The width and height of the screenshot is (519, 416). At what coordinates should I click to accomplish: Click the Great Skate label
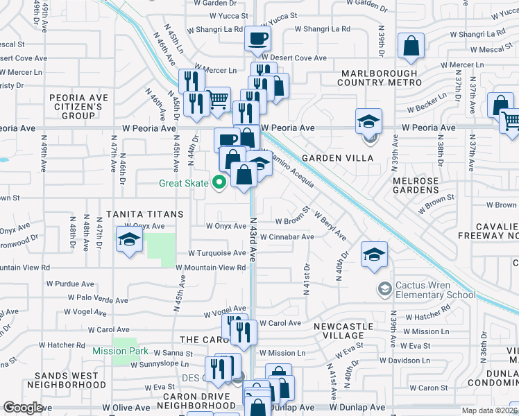point(184,183)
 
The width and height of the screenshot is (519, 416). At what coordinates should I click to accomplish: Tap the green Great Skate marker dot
point(220,183)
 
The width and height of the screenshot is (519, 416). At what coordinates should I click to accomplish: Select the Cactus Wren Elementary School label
point(436,290)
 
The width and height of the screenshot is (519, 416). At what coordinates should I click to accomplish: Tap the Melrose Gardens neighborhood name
point(416,186)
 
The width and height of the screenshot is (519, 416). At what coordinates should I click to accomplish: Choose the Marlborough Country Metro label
point(377,78)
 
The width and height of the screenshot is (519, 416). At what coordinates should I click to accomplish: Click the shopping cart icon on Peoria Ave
point(218,101)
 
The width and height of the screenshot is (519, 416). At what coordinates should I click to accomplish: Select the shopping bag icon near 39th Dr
point(411,46)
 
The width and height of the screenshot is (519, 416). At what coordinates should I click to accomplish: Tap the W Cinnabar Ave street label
point(285,236)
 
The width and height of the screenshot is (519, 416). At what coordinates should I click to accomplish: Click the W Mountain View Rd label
point(211,267)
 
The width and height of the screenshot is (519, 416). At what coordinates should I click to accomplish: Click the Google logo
point(23,408)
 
